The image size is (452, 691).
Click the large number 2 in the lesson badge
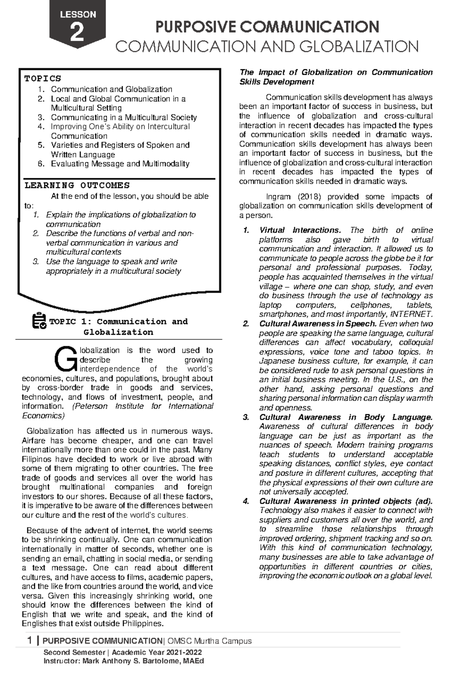[x=77, y=33]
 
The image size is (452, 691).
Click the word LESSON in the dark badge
[x=78, y=15]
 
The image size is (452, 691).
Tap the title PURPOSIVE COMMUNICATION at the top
[x=267, y=27]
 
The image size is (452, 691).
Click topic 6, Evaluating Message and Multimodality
[x=120, y=164]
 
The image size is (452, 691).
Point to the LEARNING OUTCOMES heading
[x=77, y=185]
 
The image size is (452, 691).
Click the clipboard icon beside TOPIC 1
[x=39, y=321]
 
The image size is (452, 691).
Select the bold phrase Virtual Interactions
[x=300, y=230]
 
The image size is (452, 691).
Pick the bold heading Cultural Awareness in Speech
[x=318, y=324]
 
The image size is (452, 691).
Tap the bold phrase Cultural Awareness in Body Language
[x=345, y=417]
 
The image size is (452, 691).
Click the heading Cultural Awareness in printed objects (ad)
[x=346, y=501]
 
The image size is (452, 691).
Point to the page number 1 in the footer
[x=30, y=641]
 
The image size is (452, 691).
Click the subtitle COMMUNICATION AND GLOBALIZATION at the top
[x=267, y=47]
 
